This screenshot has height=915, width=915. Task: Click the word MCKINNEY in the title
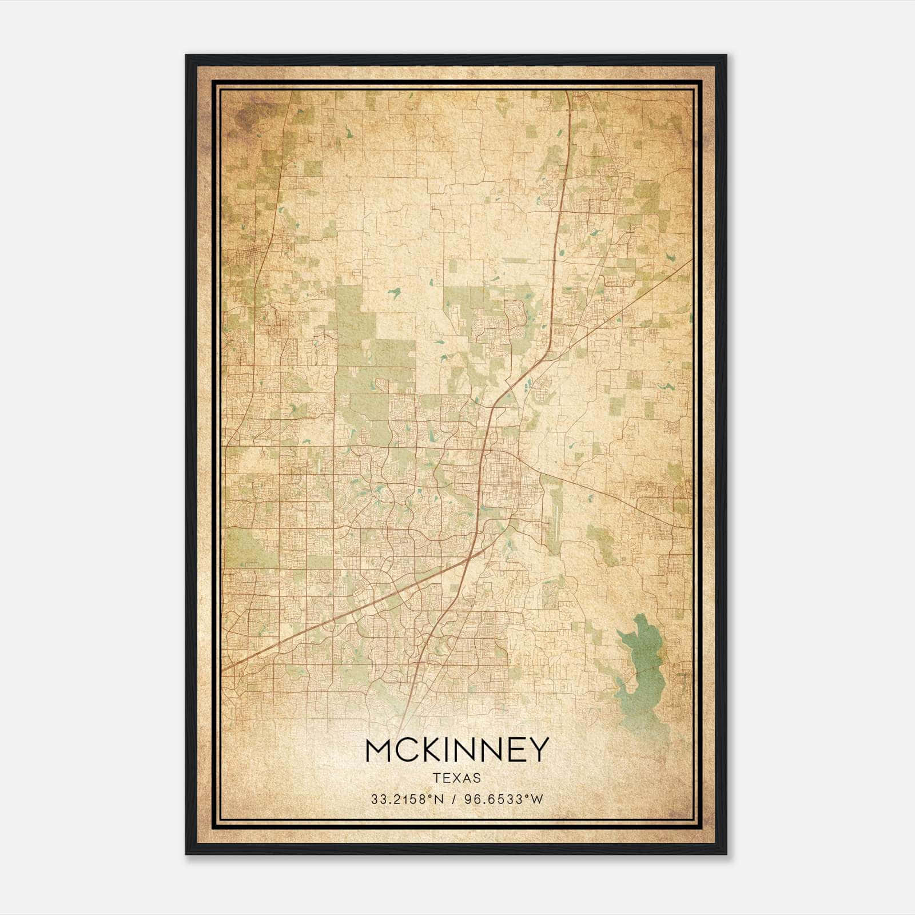click(457, 750)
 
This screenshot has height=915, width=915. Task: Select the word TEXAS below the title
click(457, 778)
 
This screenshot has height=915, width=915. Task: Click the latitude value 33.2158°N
click(407, 799)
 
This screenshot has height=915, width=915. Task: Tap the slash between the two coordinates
click(454, 799)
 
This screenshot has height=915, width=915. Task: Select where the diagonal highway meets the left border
click(223, 670)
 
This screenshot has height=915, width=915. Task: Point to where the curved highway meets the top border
click(567, 91)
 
